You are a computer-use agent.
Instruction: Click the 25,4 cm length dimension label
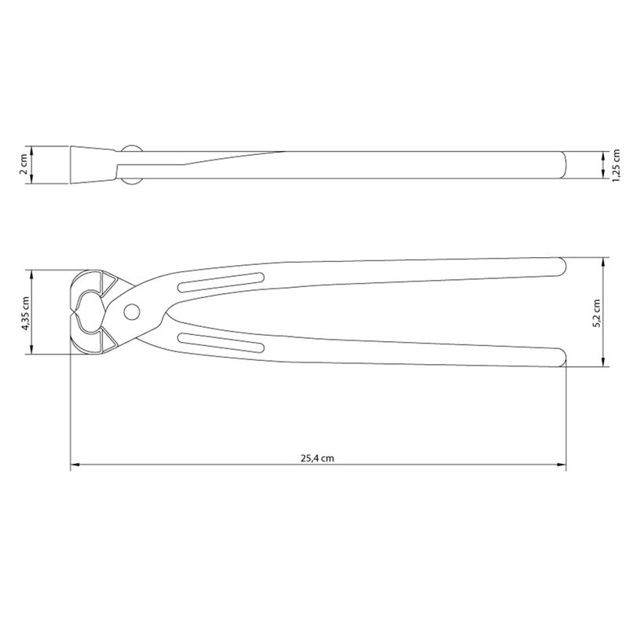pos(318,458)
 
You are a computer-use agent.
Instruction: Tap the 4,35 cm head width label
pos(25,313)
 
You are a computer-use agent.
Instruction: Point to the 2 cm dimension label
pos(25,164)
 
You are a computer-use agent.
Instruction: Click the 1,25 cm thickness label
pos(616,166)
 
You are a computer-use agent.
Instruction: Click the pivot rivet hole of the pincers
pos(131,311)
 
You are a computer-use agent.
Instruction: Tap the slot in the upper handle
pos(221,281)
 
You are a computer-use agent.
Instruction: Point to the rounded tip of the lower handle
pos(560,358)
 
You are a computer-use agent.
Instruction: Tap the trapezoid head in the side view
pos(94,164)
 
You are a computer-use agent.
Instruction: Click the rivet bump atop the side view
pos(132,148)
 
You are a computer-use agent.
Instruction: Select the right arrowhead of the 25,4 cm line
pos(562,465)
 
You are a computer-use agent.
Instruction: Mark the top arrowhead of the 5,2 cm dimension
pos(603,260)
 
